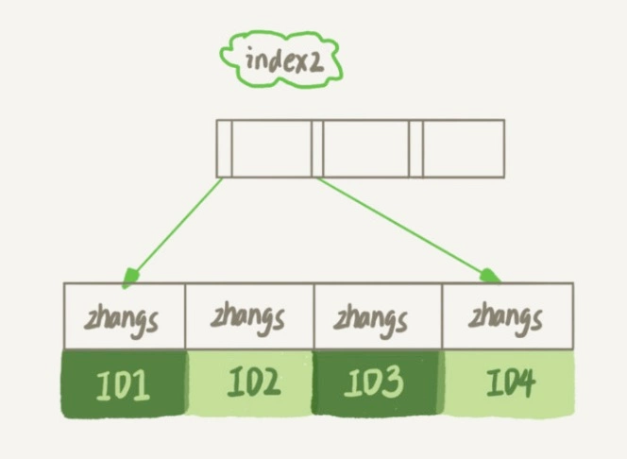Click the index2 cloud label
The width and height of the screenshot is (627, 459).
coord(280,59)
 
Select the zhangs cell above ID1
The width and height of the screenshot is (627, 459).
coord(125,315)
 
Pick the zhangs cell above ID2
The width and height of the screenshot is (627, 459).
coord(249,315)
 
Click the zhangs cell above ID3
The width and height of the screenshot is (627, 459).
coord(377,315)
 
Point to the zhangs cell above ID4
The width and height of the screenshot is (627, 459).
coord(507,315)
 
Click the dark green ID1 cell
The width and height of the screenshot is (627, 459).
coord(125,383)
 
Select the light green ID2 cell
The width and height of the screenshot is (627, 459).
coord(249,383)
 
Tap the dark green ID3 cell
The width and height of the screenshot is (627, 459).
coord(377,383)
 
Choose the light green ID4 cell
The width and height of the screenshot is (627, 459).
coord(508,383)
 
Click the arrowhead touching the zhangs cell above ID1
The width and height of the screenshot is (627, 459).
coord(131,277)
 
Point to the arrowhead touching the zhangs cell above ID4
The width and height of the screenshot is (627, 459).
coord(490,275)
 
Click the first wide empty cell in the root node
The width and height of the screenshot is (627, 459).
coord(271,148)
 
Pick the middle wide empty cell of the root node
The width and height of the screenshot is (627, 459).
coord(366,148)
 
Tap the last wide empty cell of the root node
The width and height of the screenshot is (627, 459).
coord(463,148)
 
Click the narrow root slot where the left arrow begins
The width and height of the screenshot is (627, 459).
coord(224,148)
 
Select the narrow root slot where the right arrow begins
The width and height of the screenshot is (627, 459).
coord(317,148)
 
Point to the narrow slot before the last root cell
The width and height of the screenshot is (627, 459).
coord(415,148)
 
